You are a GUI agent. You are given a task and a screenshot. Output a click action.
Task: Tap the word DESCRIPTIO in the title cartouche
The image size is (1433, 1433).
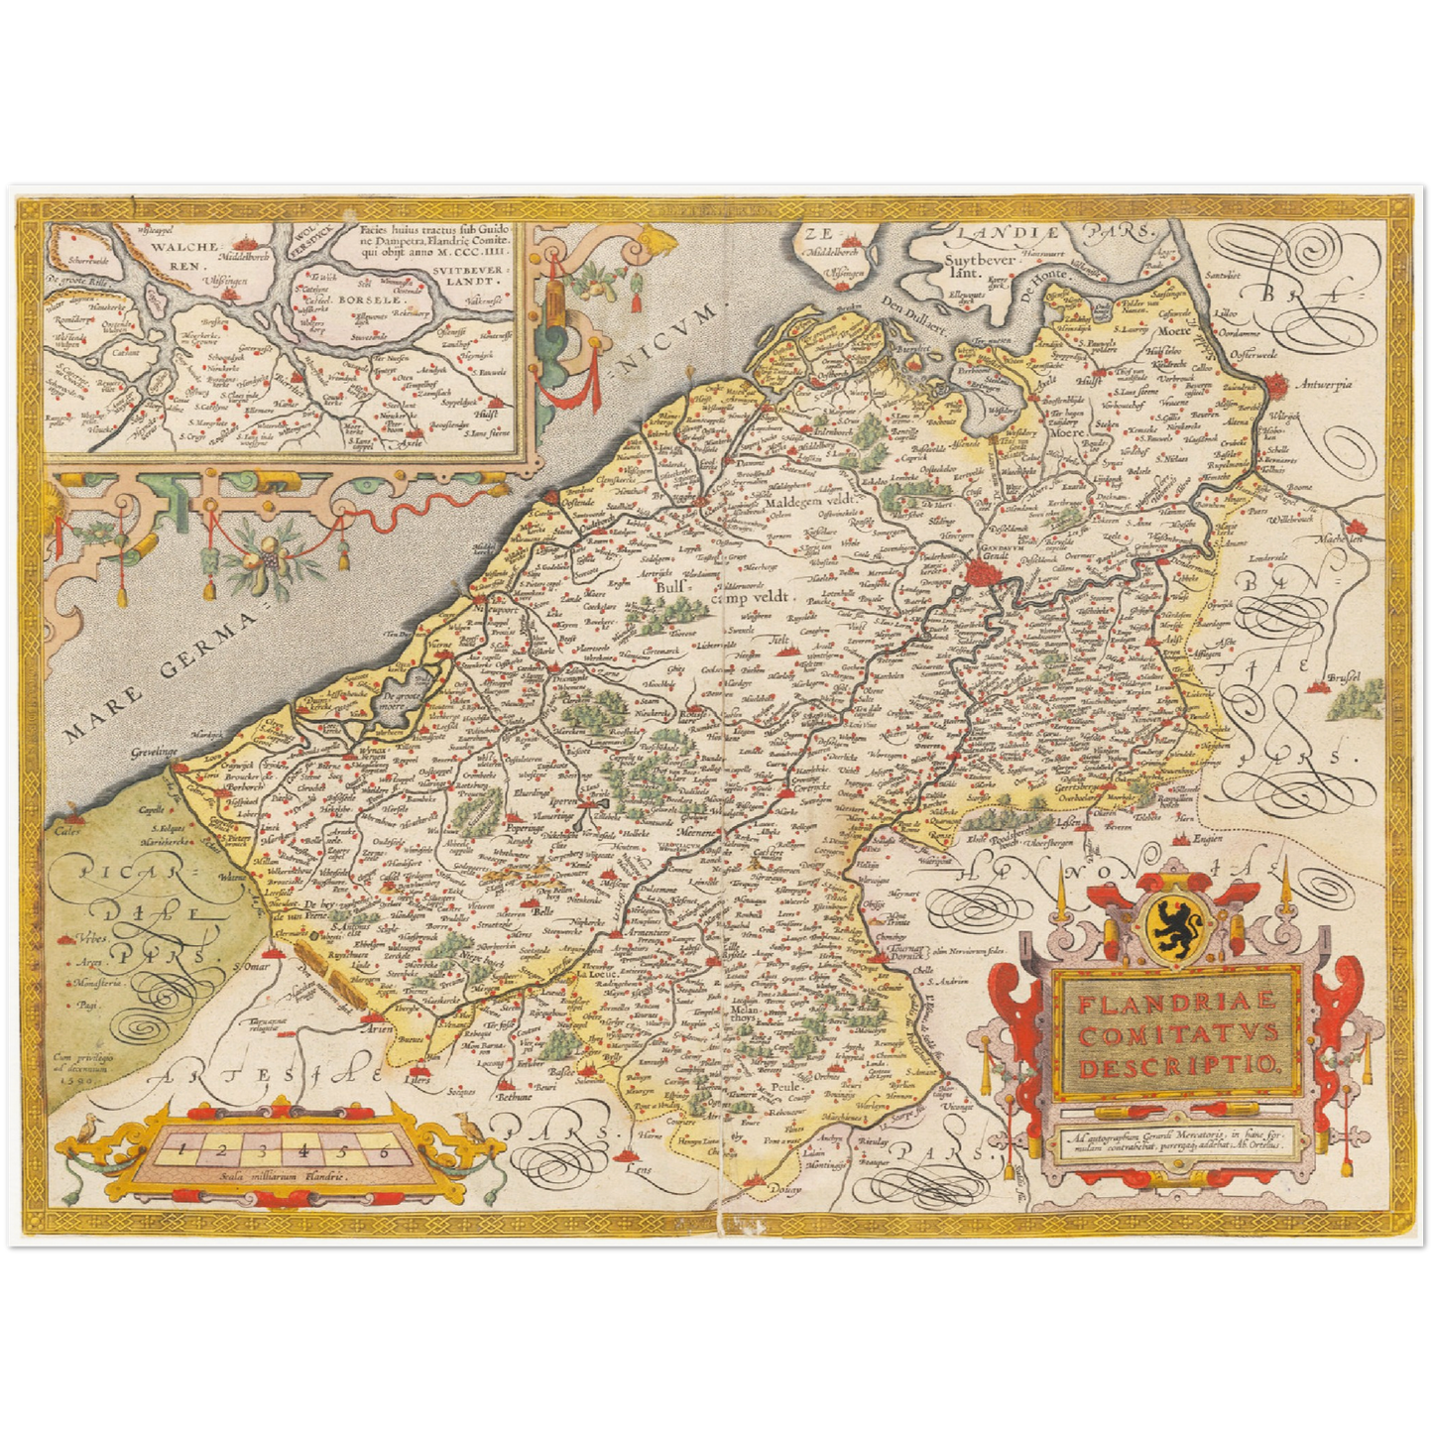point(1180,1067)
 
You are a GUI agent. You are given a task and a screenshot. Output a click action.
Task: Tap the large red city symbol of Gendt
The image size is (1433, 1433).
point(984,570)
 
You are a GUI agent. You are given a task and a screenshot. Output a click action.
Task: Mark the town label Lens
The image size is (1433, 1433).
point(643,1168)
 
